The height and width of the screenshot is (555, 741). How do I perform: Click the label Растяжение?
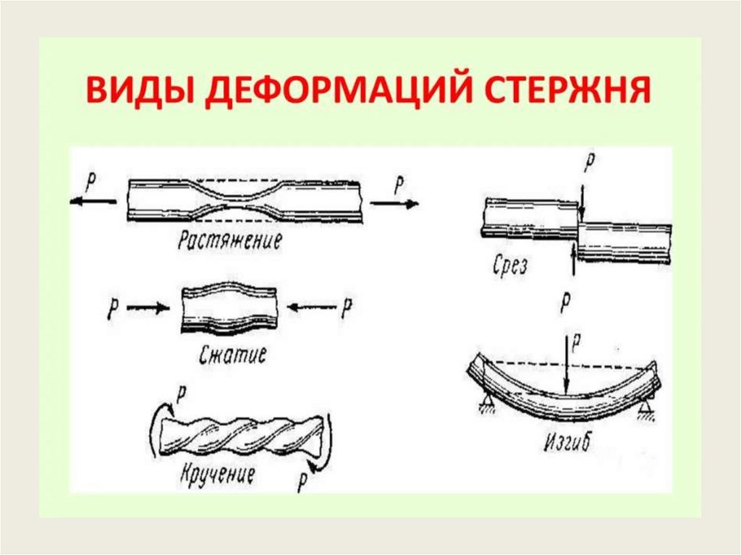230,240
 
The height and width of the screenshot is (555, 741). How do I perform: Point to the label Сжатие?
232,355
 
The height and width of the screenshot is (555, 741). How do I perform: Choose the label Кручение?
217,475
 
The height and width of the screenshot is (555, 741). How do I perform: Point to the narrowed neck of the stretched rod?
242,200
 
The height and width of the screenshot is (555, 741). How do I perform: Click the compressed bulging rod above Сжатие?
229,308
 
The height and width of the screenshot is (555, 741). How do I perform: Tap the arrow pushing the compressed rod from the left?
148,308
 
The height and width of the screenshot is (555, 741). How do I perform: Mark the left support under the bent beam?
484,402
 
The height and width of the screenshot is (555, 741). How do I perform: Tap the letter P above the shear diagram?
590,163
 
